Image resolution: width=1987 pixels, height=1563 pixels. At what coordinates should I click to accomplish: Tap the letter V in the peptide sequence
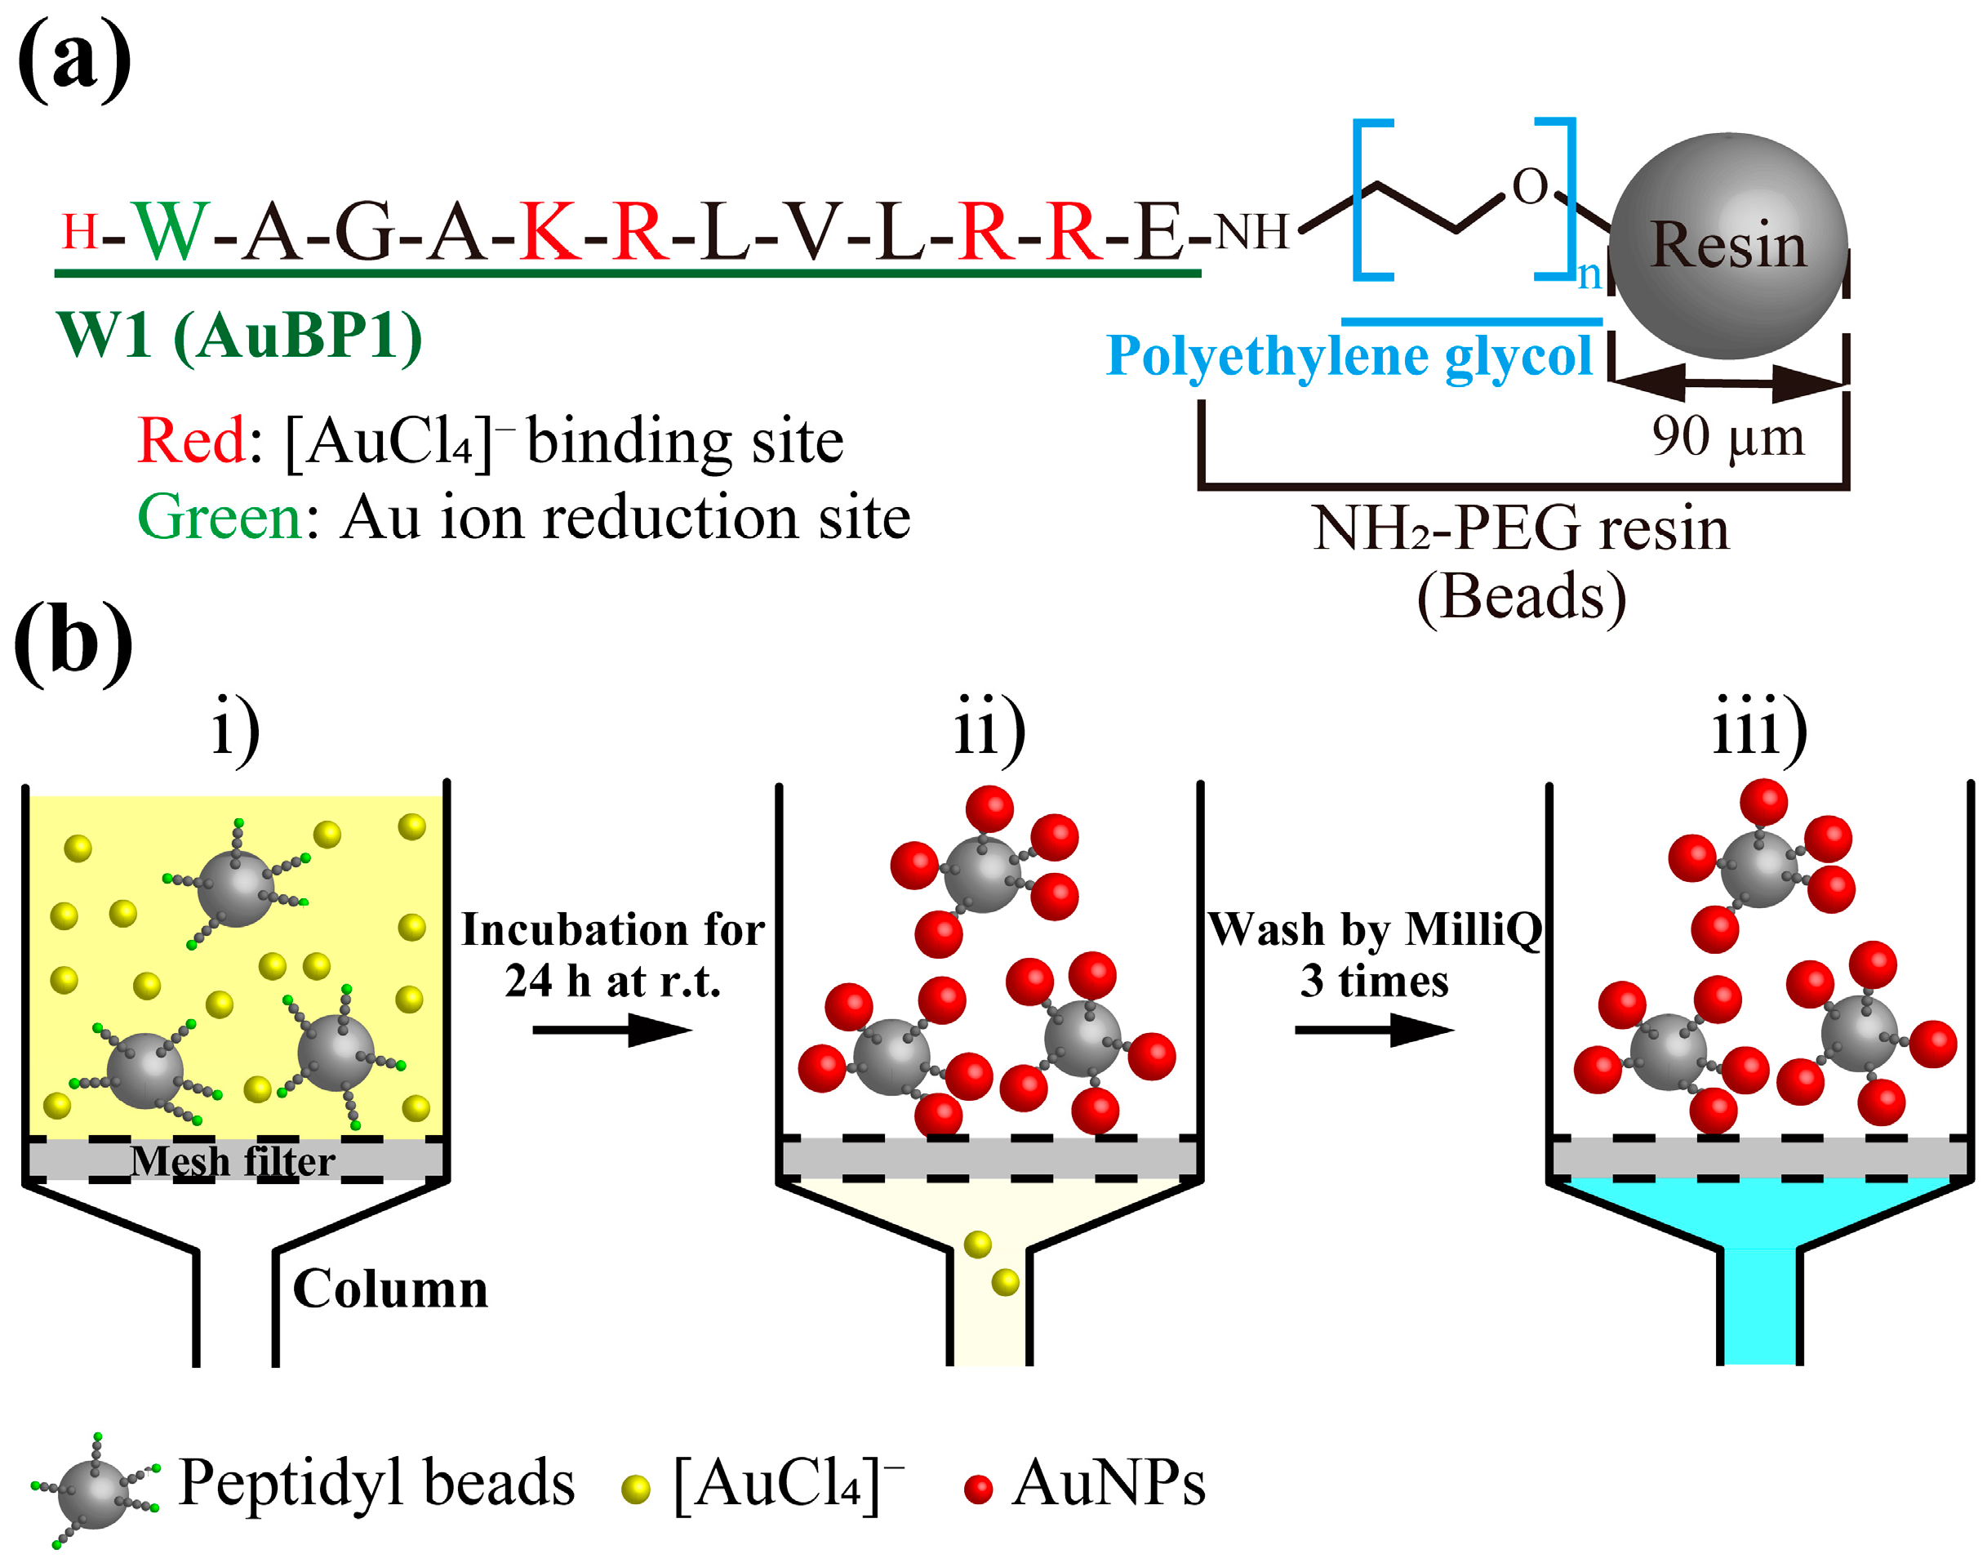[812, 232]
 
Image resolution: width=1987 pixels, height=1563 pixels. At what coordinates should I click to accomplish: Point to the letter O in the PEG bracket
[1529, 187]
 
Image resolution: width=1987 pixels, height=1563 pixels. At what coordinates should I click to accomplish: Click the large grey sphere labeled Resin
[1727, 245]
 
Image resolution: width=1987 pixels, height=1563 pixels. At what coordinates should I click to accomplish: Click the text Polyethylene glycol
[1349, 355]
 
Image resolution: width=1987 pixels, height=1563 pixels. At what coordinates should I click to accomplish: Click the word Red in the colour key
[190, 441]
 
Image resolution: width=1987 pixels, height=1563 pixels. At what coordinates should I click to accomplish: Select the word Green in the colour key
[220, 517]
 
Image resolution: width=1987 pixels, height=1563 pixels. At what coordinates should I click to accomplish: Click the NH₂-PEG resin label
[1520, 529]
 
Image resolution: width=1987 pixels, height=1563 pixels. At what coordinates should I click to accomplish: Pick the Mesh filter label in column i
[233, 1161]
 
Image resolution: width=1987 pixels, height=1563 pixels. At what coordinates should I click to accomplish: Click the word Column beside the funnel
[389, 1289]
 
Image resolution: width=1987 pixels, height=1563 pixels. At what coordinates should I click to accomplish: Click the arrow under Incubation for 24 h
[611, 1031]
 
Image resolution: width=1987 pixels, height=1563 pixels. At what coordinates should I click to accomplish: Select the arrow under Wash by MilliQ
[1373, 1031]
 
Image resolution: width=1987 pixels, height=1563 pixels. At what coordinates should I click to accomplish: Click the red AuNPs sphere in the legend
[978, 1489]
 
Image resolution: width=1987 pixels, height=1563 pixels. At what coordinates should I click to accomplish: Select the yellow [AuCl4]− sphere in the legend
[635, 1489]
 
